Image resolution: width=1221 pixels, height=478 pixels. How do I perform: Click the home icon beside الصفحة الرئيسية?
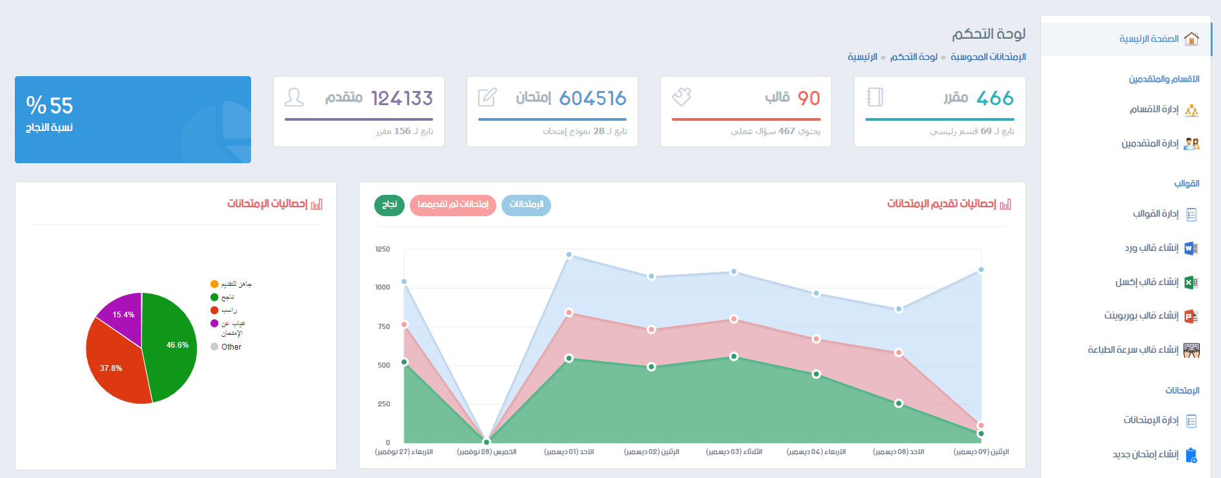click(x=1191, y=39)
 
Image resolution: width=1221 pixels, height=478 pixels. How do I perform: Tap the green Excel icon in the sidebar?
click(x=1191, y=283)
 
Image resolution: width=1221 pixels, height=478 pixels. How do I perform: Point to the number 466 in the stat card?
click(x=995, y=98)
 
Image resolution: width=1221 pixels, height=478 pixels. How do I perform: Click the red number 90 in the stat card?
click(x=809, y=98)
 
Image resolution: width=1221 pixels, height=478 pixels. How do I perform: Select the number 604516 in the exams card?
click(x=592, y=98)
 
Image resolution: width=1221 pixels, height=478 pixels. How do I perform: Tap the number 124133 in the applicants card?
click(x=402, y=98)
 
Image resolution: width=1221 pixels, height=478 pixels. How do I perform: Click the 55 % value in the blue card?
click(x=50, y=105)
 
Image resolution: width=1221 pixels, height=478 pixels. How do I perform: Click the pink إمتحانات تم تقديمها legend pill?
click(x=453, y=205)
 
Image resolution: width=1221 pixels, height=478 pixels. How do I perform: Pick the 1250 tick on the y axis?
click(x=383, y=249)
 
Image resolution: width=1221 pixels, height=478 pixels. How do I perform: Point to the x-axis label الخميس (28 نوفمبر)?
click(x=487, y=452)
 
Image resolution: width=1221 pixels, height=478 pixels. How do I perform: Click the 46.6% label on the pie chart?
click(x=177, y=345)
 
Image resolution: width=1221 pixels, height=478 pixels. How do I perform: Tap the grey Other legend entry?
click(x=226, y=347)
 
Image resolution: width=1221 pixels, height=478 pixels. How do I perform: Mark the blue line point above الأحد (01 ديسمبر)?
click(x=569, y=255)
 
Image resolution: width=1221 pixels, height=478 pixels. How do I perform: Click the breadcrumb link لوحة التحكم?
click(x=914, y=57)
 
